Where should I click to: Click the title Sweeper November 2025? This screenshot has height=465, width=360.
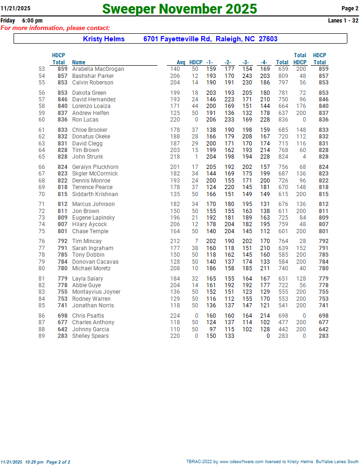point(180,9)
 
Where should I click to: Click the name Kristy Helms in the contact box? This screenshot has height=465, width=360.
point(104,39)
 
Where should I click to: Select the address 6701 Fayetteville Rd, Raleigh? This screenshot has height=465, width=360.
point(210,39)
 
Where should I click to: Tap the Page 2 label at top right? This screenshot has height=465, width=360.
point(350,8)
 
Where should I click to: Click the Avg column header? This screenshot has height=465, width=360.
point(181,62)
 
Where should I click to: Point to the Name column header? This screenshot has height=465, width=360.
point(79,62)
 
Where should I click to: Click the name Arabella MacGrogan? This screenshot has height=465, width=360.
point(98,69)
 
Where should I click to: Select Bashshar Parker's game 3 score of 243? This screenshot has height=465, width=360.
point(247,76)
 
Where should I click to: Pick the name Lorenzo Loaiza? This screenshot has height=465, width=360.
point(91,106)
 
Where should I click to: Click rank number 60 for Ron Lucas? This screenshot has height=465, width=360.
point(42,120)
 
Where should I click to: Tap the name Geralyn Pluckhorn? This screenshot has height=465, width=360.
point(95,167)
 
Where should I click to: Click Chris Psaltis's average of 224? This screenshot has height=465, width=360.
point(175,316)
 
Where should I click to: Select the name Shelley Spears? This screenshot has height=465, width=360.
point(90,336)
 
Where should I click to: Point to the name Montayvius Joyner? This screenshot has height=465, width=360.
point(96,292)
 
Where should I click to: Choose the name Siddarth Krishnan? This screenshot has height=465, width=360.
point(95,194)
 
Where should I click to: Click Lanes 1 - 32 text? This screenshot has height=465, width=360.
point(343,21)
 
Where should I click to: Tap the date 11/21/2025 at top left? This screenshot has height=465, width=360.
point(15,8)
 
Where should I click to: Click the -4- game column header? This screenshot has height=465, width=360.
point(264,62)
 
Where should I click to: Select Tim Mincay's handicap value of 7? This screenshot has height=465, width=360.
point(196,241)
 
